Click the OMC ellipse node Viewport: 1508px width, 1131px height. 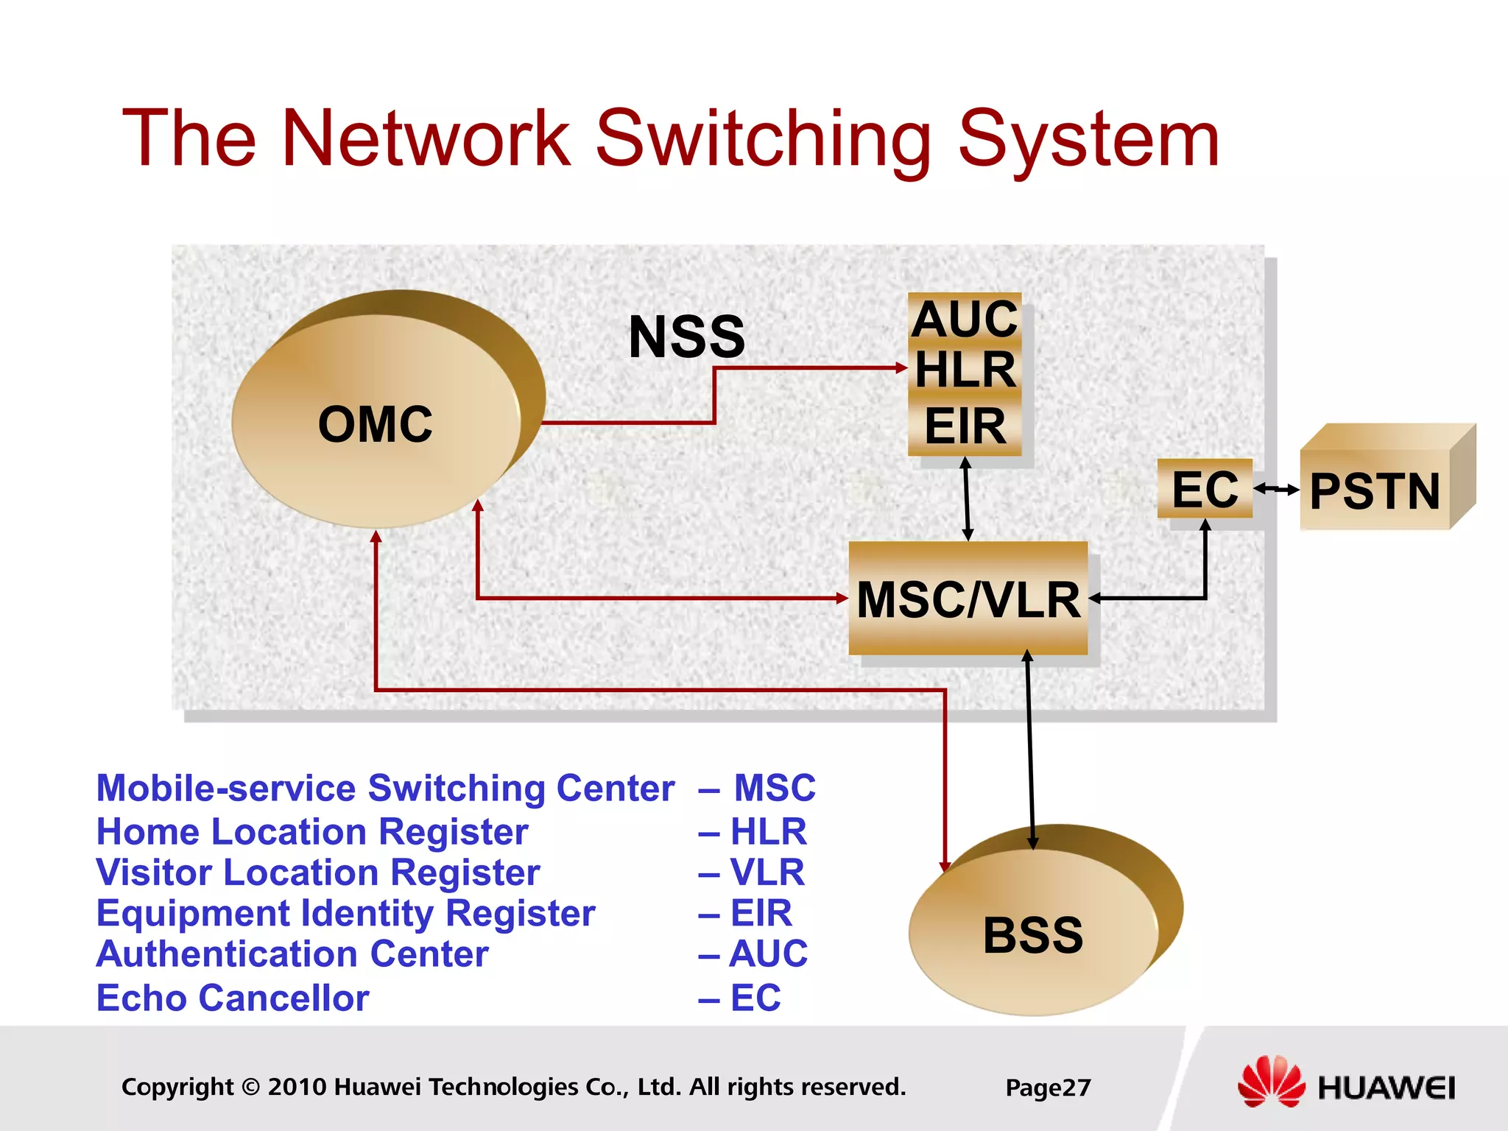(x=376, y=424)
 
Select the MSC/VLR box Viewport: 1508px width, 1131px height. (x=968, y=599)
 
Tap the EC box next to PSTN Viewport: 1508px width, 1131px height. (x=1205, y=489)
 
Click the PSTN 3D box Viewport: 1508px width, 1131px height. (x=1375, y=490)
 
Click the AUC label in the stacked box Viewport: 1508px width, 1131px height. (x=965, y=320)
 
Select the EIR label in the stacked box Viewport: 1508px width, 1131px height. (x=965, y=427)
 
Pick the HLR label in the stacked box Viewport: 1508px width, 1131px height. (x=965, y=370)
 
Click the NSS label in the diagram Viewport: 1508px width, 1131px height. (x=686, y=337)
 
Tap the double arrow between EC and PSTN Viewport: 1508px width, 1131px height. (x=1277, y=489)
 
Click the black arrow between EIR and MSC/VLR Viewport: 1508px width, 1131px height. (x=967, y=499)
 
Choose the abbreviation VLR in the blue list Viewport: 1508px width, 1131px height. (x=767, y=873)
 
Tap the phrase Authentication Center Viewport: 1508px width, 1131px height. (x=292, y=954)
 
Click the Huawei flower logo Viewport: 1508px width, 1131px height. (x=1270, y=1082)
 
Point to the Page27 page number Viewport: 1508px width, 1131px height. (x=1048, y=1088)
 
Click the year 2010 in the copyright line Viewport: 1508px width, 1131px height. (x=297, y=1087)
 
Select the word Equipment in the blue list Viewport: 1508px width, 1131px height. (x=193, y=914)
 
